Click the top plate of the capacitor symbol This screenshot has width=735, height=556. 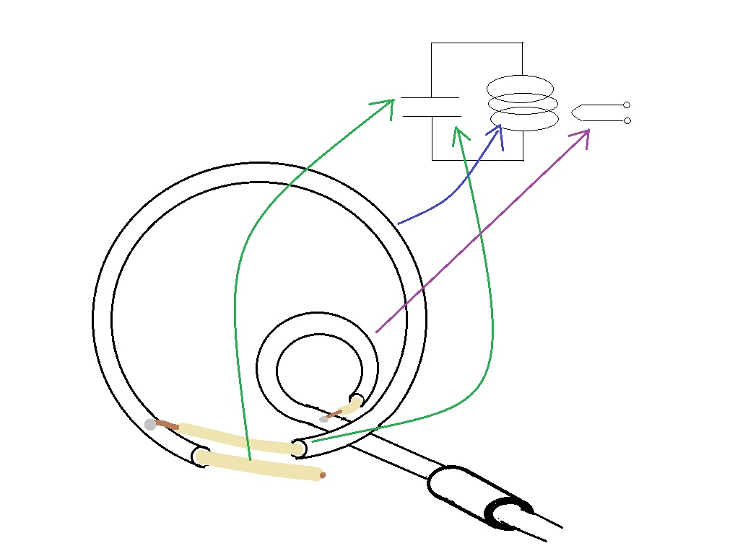click(x=430, y=97)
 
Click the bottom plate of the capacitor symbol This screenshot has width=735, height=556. click(x=431, y=115)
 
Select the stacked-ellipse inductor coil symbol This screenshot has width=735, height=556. click(x=523, y=103)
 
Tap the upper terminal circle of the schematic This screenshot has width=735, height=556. click(x=627, y=105)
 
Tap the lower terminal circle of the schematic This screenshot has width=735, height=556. click(x=627, y=120)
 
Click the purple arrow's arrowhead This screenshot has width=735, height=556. click(x=583, y=135)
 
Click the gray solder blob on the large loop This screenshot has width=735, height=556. click(x=150, y=425)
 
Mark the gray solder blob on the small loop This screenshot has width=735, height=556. click(x=324, y=419)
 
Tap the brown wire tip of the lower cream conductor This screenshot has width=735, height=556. click(x=322, y=475)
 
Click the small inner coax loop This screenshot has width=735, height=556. click(x=318, y=323)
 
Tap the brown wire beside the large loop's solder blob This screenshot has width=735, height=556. click(x=166, y=425)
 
